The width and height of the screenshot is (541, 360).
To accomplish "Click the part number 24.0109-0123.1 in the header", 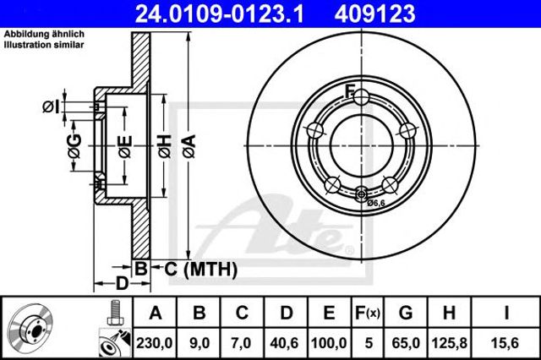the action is click(x=219, y=14).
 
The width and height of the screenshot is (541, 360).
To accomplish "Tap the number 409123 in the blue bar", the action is click(x=374, y=14).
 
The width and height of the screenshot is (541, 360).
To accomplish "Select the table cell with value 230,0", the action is click(x=154, y=343).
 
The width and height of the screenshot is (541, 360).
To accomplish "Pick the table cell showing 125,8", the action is click(x=449, y=343).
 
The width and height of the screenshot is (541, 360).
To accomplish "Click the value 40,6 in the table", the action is click(x=285, y=343).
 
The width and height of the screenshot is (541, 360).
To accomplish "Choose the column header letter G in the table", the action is click(x=406, y=313).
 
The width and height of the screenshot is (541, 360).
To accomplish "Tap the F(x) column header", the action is click(x=368, y=313).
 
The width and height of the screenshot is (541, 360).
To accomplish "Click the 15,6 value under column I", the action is click(x=506, y=343).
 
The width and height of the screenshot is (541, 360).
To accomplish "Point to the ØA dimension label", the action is click(x=189, y=146).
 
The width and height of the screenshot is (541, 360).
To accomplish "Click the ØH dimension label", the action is click(x=165, y=146).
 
